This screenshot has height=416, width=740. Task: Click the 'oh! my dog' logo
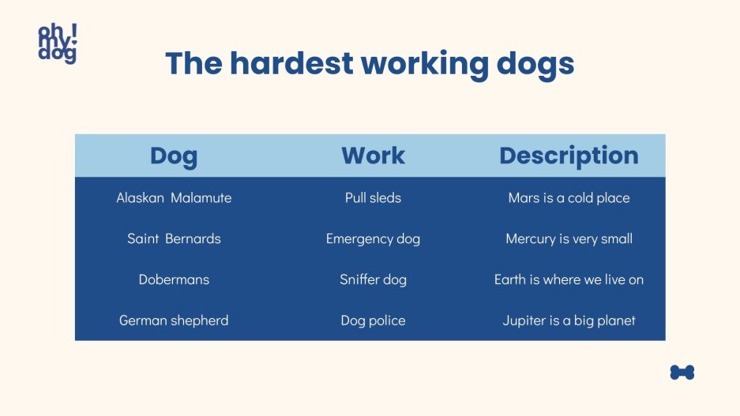58,43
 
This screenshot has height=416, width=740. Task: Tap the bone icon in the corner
682,372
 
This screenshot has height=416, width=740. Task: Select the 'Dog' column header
174,156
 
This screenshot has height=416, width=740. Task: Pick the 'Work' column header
373,156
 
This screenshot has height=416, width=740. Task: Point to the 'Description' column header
569,156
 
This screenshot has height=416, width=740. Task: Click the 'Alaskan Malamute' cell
174,198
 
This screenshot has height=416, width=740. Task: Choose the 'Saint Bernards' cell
174,238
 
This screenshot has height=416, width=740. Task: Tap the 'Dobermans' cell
174,279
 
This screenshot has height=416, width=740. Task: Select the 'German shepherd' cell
174,320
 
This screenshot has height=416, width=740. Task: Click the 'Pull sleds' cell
373,198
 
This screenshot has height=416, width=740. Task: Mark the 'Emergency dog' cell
373,238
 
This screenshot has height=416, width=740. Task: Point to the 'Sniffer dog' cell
373,279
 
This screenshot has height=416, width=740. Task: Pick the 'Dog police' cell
373,320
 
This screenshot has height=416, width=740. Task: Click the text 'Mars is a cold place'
569,198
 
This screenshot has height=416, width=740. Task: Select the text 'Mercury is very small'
569,238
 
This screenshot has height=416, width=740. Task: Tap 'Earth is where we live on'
569,279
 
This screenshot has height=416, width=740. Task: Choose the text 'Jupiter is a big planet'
569,320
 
